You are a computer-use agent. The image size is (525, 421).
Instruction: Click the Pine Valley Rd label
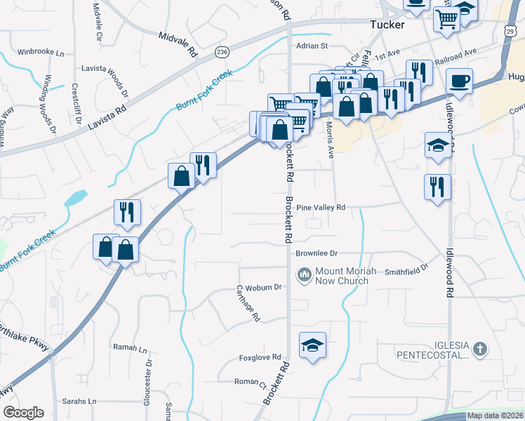(321, 208)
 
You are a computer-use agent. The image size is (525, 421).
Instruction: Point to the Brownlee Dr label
(317, 253)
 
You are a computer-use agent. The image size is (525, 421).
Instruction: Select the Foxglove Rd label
(262, 356)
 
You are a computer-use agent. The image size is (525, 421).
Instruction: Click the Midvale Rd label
(179, 44)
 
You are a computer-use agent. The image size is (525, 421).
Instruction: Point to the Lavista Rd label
(107, 119)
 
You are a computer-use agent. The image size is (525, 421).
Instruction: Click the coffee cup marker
(459, 81)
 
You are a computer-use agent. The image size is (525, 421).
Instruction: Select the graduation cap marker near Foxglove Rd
(312, 345)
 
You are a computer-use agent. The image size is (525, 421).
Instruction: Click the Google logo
(23, 413)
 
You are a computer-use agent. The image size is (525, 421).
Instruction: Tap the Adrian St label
(312, 46)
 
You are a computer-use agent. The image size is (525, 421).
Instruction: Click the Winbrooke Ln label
(41, 53)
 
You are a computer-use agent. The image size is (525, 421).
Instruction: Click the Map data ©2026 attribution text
(494, 415)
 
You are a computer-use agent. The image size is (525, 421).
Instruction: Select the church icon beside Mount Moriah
(305, 274)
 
